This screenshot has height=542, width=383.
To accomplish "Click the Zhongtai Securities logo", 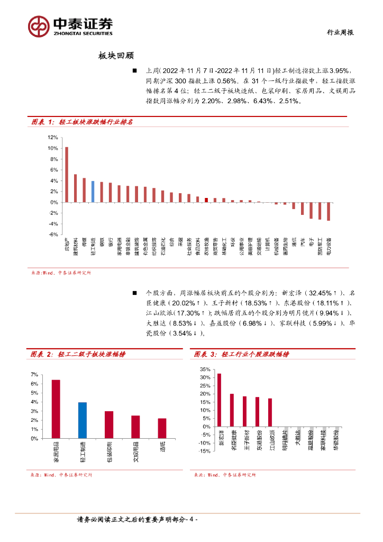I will coord(70,25).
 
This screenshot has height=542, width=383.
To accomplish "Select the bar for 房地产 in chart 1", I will coord(67,175).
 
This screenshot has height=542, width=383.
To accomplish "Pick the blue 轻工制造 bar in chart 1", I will coord(93,192).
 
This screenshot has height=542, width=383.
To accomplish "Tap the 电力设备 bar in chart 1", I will coord(329,211).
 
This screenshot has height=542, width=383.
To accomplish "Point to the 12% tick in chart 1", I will coord(52,137).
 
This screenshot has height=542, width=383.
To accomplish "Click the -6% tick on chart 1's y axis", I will coord(52,234).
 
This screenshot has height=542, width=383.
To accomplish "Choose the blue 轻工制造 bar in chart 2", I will coord(83,420).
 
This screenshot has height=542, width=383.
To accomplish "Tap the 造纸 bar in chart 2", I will coord(162,428).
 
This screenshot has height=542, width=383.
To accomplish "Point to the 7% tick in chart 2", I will coord(34,375).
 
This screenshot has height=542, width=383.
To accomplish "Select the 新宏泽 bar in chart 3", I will coord(219,400).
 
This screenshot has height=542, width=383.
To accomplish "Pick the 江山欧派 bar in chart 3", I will coord(270,413).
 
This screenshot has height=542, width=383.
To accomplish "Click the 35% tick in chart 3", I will coord(205,368).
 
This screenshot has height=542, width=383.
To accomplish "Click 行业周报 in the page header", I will coord(339,32).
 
